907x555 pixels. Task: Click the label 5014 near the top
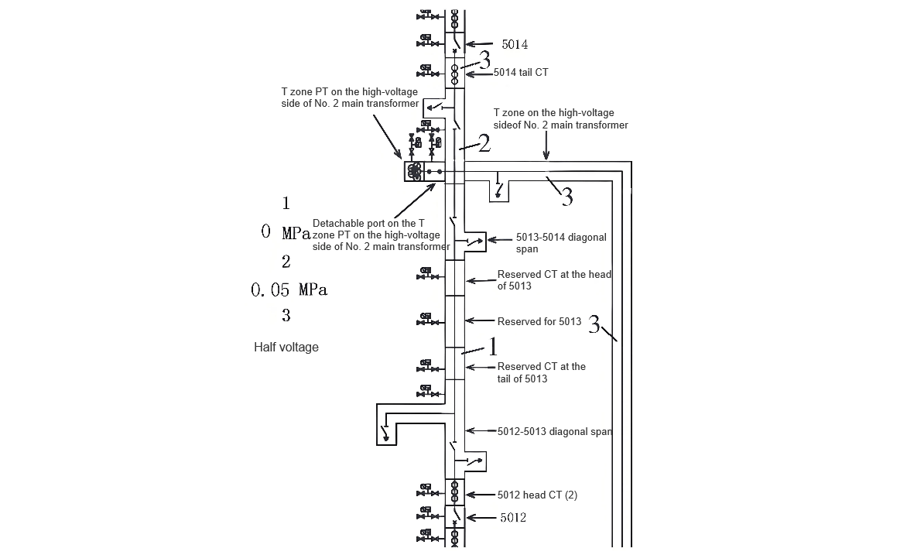click(514, 45)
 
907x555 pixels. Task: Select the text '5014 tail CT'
click(521, 72)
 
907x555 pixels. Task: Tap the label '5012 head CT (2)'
click(537, 495)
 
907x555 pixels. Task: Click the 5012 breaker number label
click(513, 517)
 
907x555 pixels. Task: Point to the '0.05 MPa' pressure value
click(289, 289)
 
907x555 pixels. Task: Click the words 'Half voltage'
click(286, 348)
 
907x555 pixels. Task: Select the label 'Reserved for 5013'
click(539, 322)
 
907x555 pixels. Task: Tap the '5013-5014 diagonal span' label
click(561, 243)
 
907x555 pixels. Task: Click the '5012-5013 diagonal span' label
click(555, 431)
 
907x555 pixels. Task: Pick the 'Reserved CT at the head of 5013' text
click(554, 280)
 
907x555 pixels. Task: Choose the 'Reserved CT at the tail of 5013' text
click(542, 372)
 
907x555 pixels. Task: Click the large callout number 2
click(484, 143)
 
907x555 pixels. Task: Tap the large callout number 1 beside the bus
click(493, 347)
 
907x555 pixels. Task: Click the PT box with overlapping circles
click(414, 171)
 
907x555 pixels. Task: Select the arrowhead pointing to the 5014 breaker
click(469, 43)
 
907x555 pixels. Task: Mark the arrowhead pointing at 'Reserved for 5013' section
click(469, 320)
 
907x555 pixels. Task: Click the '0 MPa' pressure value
click(286, 233)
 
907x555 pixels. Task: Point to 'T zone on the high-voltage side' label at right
click(560, 118)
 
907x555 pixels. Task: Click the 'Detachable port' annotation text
click(382, 235)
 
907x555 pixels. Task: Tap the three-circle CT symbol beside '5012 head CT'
click(454, 492)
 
